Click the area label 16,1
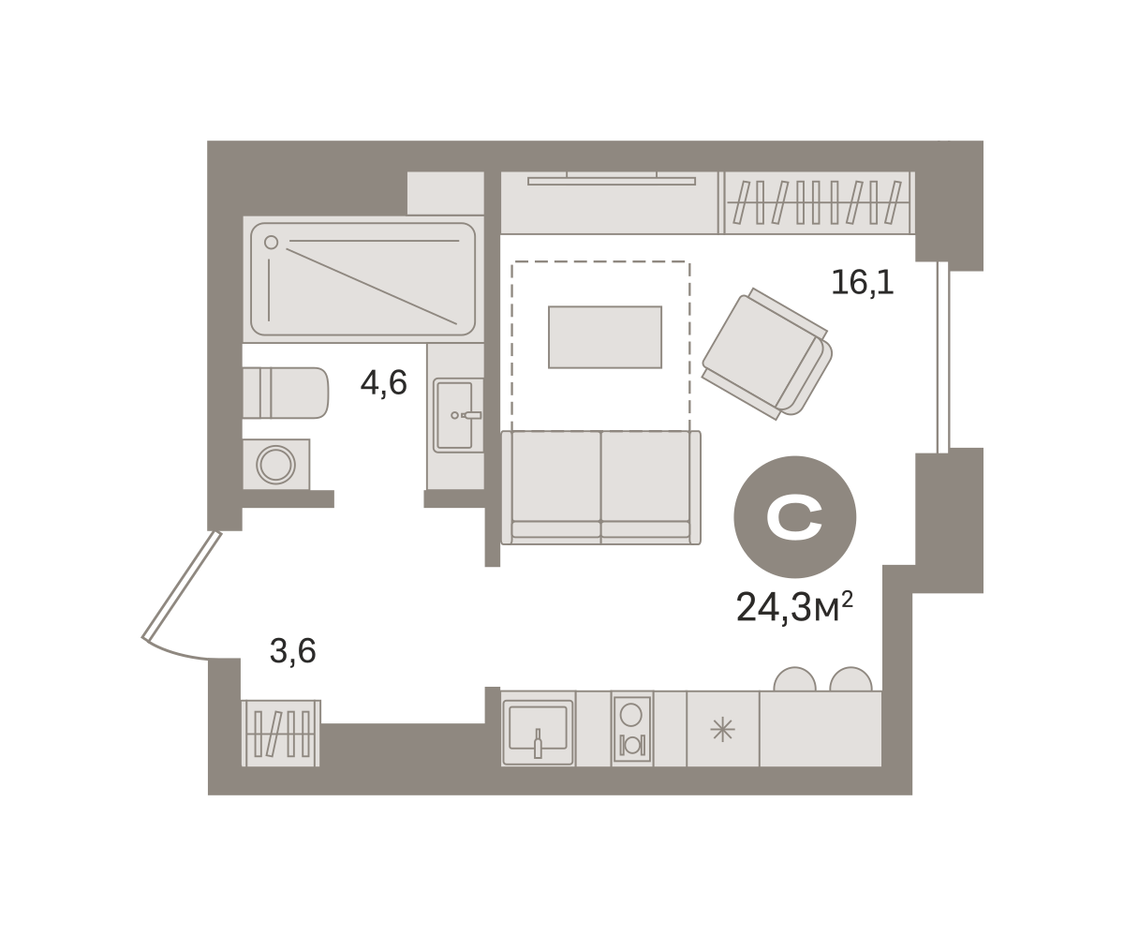863,283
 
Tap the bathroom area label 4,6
383,383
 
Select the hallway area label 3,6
292,651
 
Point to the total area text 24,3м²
794,607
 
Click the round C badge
794,517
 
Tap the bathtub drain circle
272,243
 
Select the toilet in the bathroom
286,394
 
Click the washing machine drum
275,464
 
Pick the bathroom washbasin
458,415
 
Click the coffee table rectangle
605,337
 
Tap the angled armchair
767,354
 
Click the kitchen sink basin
538,728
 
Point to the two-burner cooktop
632,729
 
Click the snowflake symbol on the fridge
722,730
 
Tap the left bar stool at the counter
794,679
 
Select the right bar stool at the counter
850,679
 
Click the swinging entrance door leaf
182,586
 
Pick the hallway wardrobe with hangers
281,733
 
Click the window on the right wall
942,357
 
